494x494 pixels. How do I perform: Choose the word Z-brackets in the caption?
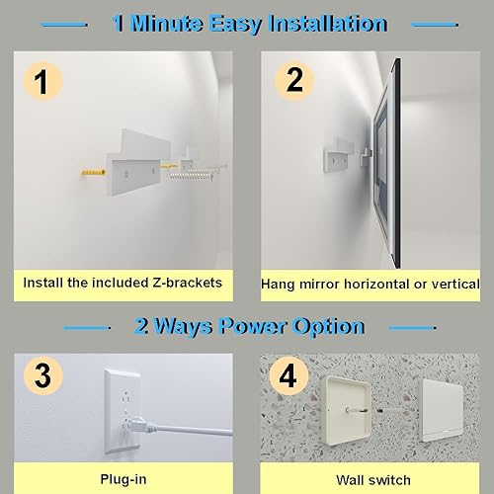[x=184, y=283]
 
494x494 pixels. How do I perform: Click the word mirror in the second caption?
[x=318, y=284]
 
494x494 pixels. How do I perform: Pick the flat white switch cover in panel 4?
[x=451, y=414]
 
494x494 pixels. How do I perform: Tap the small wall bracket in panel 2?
[x=338, y=158]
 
